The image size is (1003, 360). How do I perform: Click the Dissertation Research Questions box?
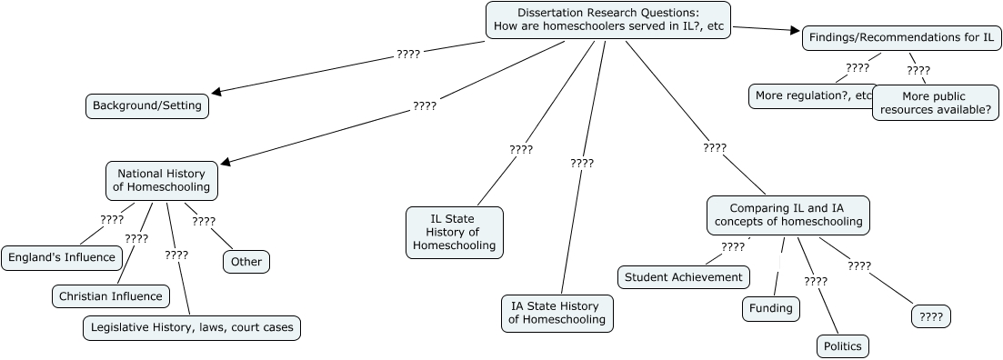[x=608, y=20]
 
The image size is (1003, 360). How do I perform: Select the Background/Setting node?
[x=147, y=105]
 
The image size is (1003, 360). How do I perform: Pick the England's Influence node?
[x=62, y=257]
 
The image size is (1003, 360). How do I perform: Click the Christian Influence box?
[x=110, y=295]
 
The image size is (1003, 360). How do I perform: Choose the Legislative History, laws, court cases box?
[x=191, y=327]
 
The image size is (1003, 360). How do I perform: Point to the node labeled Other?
[x=246, y=262]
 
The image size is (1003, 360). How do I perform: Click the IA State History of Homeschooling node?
[x=557, y=312]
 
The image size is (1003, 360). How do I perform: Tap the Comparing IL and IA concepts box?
[x=787, y=215]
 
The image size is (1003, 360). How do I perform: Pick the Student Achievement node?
[x=684, y=277]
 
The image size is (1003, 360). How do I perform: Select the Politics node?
[x=841, y=346]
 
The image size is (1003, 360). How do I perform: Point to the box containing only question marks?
[x=930, y=316]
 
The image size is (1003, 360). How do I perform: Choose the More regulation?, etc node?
[x=812, y=95]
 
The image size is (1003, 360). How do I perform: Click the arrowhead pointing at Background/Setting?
[x=216, y=91]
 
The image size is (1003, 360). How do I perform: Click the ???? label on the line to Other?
[x=204, y=221]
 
